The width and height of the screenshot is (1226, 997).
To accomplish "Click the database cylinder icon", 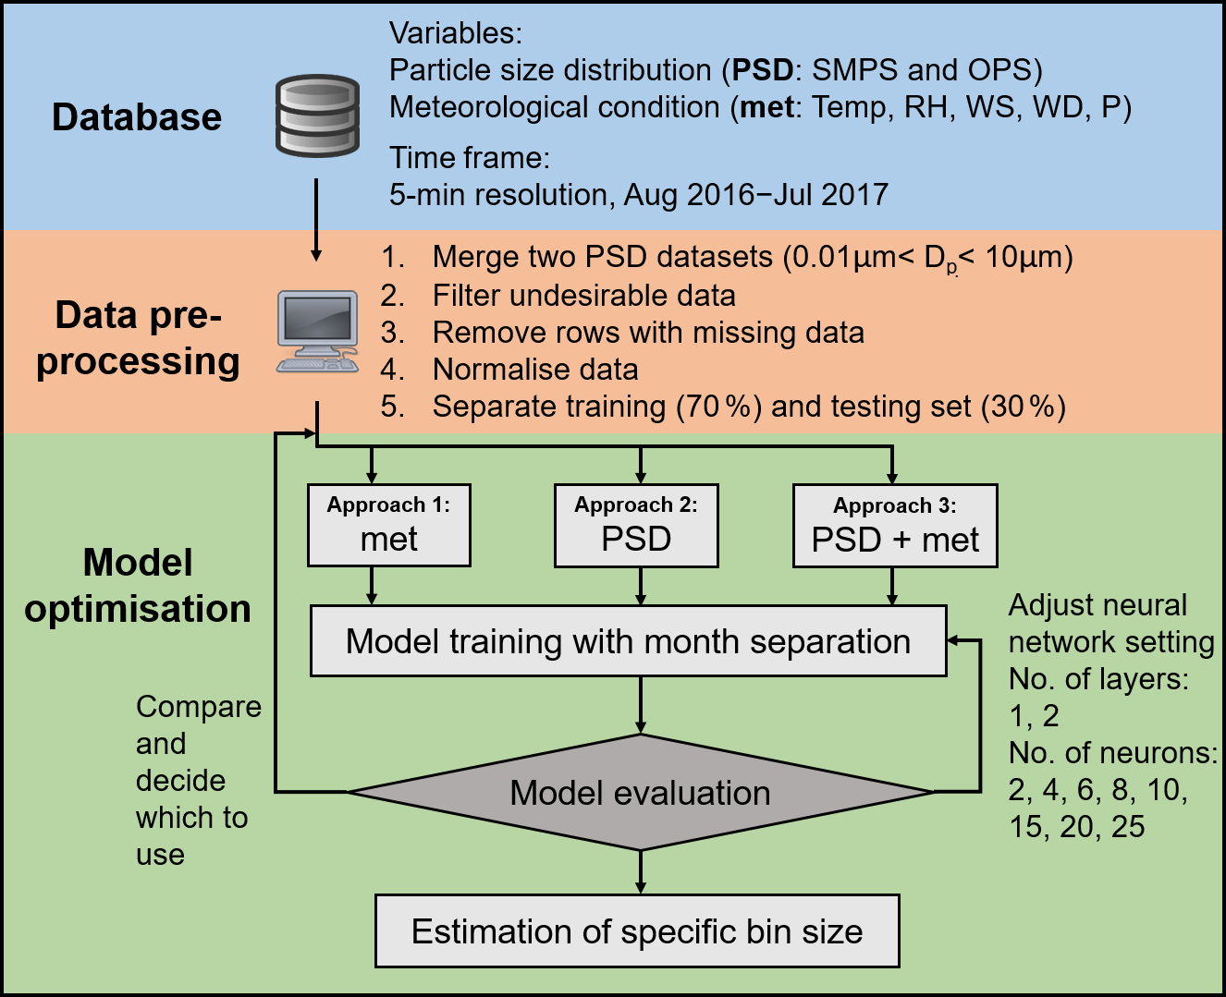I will (x=317, y=116).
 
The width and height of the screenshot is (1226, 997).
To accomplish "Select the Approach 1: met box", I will (x=389, y=525).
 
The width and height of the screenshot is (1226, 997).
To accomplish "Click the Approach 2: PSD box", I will (x=636, y=525).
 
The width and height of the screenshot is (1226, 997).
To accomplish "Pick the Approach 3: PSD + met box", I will (x=895, y=525).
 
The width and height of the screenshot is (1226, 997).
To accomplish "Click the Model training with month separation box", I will (x=629, y=641).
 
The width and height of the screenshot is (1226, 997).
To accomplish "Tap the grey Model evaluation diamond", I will (x=640, y=793).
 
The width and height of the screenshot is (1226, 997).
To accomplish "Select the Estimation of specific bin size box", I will (x=637, y=931).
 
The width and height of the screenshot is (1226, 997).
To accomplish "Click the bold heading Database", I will (x=137, y=117).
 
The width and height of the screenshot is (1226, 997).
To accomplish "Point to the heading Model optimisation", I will (x=138, y=586).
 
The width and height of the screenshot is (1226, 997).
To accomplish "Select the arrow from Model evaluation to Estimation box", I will (x=640, y=872).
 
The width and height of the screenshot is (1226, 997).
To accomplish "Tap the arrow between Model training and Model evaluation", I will (x=640, y=705).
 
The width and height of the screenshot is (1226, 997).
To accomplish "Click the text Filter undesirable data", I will (x=583, y=296).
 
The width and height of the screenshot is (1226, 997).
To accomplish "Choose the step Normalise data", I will (x=535, y=370).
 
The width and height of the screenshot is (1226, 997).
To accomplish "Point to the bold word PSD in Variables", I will (x=763, y=70).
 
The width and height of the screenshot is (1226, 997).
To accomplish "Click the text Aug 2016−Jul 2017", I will (x=756, y=195).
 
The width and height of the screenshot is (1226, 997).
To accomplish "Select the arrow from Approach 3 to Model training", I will (x=892, y=587).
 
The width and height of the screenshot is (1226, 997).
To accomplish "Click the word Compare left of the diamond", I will (x=199, y=707).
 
